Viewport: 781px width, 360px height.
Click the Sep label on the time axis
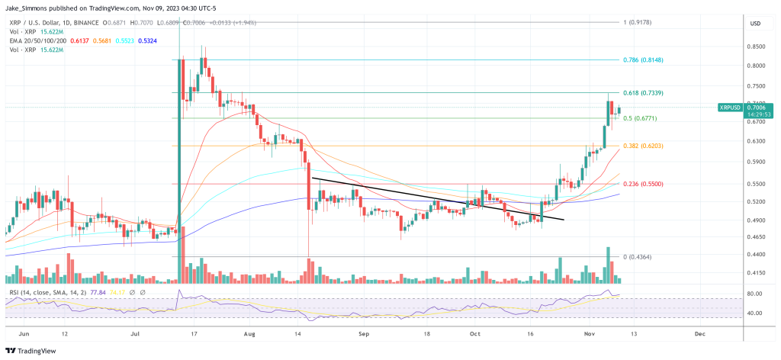364,333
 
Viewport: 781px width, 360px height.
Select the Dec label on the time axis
699,333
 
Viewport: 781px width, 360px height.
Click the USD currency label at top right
756,24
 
